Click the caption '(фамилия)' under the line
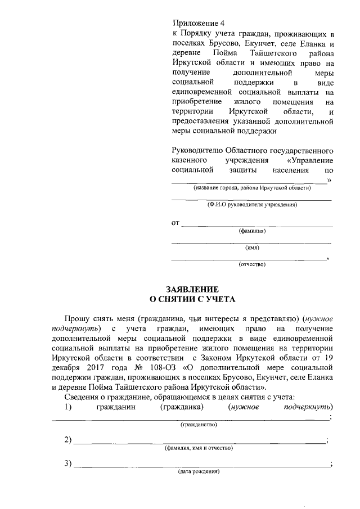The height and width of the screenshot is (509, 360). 251,231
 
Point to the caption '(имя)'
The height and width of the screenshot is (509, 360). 251,247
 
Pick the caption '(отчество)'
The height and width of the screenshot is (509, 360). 251,264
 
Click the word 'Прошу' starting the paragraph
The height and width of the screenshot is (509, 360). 77,318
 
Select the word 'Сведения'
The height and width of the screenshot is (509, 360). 83,397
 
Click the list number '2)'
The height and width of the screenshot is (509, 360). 68,440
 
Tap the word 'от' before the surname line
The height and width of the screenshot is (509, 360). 175,223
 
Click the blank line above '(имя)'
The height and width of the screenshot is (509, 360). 251,242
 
